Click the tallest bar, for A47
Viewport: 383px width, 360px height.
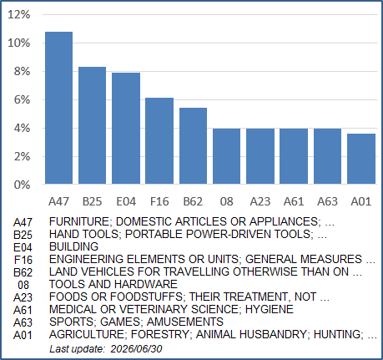point(58,108)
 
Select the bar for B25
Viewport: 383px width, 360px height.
point(92,125)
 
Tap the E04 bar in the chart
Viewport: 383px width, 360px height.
point(126,129)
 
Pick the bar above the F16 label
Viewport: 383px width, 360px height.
point(159,141)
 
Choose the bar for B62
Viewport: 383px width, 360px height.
point(193,146)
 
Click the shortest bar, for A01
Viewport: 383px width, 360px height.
point(361,159)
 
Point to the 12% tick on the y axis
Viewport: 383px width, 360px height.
point(19,14)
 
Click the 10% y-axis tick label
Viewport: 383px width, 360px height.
point(19,43)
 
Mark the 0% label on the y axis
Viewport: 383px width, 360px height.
point(22,185)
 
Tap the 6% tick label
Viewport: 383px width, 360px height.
point(22,99)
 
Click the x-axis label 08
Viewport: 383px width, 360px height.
point(226,201)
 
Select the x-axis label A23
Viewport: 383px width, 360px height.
point(260,201)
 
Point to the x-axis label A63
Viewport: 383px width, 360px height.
point(327,201)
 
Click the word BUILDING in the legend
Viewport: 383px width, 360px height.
point(73,246)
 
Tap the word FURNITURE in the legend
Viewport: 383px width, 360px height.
point(79,222)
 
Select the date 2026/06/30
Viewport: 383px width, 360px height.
point(136,349)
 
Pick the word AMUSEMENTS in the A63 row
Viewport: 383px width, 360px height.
point(185,322)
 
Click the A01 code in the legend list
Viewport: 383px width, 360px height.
point(23,335)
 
